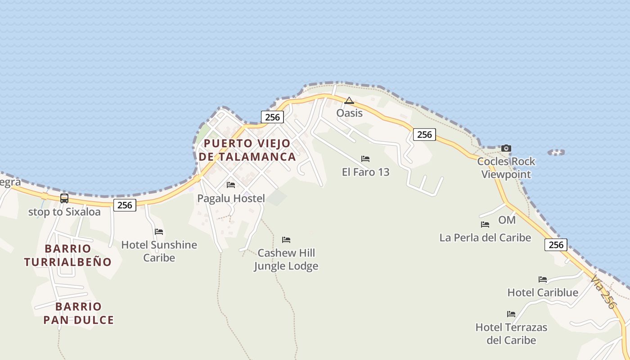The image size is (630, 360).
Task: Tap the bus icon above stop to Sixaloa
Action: click(x=64, y=198)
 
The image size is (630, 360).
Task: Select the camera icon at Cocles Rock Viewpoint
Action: click(x=506, y=148)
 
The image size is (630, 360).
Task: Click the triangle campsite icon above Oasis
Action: click(x=349, y=100)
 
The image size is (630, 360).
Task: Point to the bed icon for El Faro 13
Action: click(x=365, y=159)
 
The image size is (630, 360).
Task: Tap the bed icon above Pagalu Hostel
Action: click(x=231, y=185)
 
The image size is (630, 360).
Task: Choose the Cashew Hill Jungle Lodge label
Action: click(x=286, y=259)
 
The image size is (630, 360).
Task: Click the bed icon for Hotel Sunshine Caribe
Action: click(x=159, y=232)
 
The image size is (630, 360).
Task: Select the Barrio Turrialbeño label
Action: click(x=68, y=255)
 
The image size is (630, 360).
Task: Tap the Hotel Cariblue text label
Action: click(x=543, y=292)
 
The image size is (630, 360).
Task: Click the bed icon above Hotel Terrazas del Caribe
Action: click(x=511, y=314)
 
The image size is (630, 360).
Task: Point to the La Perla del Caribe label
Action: click(x=485, y=238)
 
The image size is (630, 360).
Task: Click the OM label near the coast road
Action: click(x=507, y=220)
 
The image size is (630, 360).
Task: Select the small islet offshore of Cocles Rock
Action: click(x=556, y=153)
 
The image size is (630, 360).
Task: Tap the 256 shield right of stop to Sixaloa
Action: click(x=125, y=205)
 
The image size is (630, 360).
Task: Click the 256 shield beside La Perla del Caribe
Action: click(x=556, y=245)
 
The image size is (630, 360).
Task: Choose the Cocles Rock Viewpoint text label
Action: click(x=506, y=168)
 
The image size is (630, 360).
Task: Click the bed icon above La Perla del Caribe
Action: click(x=485, y=224)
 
